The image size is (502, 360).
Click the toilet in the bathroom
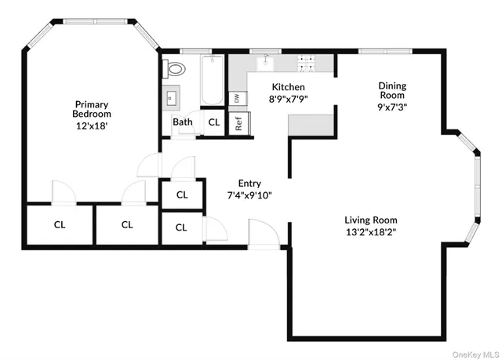pyautogui.click(x=176, y=69)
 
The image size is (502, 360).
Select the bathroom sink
pyautogui.click(x=172, y=98)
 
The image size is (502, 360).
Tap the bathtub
pyautogui.click(x=212, y=82)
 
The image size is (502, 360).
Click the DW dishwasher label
pyautogui.click(x=235, y=98)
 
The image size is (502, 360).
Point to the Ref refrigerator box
pyautogui.click(x=238, y=123)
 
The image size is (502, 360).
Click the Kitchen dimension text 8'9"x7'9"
pyautogui.click(x=288, y=100)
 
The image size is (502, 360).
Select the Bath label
pyautogui.click(x=183, y=122)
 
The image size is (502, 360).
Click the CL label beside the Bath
pyautogui.click(x=213, y=122)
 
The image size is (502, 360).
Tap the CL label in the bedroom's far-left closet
pyautogui.click(x=60, y=225)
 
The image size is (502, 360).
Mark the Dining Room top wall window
pyautogui.click(x=384, y=52)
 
